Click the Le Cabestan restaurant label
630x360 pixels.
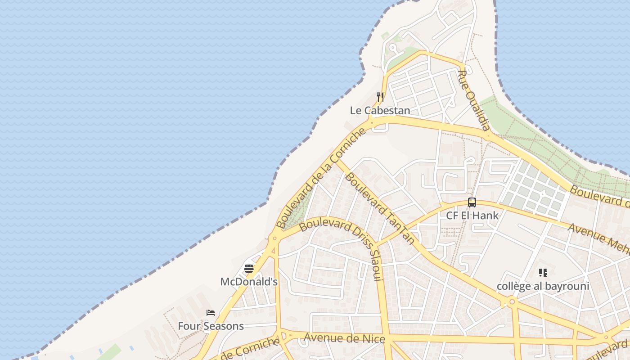(x=380, y=111)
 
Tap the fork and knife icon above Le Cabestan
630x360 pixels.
(x=380, y=97)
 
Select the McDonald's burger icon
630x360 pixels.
(x=249, y=269)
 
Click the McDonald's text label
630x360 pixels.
(x=249, y=282)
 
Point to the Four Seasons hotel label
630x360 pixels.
(x=211, y=326)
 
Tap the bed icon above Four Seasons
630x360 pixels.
(x=211, y=313)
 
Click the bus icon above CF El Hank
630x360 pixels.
(x=472, y=202)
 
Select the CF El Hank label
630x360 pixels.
(x=472, y=216)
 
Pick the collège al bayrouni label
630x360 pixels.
(x=543, y=286)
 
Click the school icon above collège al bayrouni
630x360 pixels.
(x=543, y=273)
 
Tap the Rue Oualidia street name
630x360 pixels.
(x=474, y=100)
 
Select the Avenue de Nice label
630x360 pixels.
(x=345, y=338)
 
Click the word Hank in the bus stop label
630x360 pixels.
(x=488, y=216)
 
